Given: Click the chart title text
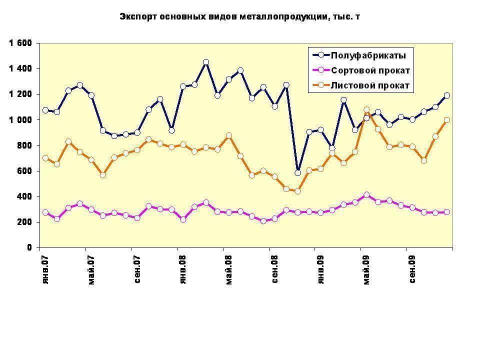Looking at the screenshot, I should point(239,17).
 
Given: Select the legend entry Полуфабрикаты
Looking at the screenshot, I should point(368,55).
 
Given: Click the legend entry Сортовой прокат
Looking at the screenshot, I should point(370,70).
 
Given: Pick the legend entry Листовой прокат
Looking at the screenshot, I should point(370,86).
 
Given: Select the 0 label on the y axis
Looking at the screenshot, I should point(29,247).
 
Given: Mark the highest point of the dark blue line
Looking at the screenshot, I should point(205,62).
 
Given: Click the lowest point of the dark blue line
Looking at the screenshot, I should point(298,173).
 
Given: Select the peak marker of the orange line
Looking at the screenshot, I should point(366,110).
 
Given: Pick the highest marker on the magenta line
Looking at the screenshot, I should point(366,195).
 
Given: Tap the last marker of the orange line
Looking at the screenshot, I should point(447,120).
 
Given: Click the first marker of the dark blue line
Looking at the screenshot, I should point(45,110).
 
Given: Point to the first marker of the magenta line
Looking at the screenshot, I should point(45,212).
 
